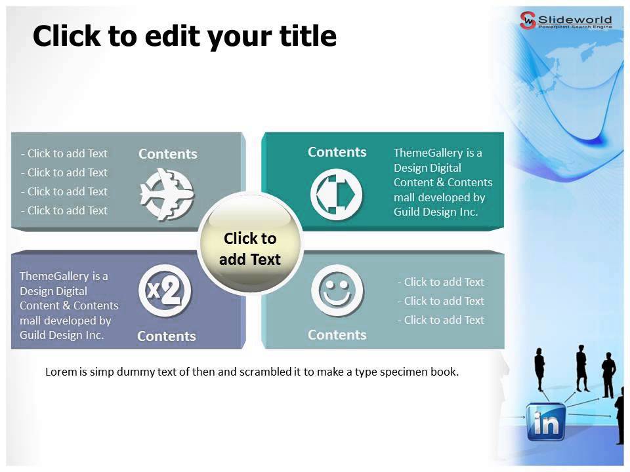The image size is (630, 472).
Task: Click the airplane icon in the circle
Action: (167, 194)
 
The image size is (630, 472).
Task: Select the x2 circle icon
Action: (165, 291)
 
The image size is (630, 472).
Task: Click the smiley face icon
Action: (337, 290)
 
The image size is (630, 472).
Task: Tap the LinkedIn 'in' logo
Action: (546, 422)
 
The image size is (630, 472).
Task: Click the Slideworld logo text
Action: (575, 18)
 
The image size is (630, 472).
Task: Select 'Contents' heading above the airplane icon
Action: (167, 154)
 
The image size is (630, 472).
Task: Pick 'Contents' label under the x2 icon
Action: (166, 336)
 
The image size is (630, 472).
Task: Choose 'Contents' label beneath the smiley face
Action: (337, 335)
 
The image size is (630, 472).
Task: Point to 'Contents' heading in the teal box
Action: (337, 152)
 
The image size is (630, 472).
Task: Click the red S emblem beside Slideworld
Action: (528, 20)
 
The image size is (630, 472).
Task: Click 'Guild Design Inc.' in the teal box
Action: (436, 212)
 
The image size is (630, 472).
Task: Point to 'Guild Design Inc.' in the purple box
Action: (62, 335)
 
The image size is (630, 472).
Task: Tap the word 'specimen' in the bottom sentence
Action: (402, 372)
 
